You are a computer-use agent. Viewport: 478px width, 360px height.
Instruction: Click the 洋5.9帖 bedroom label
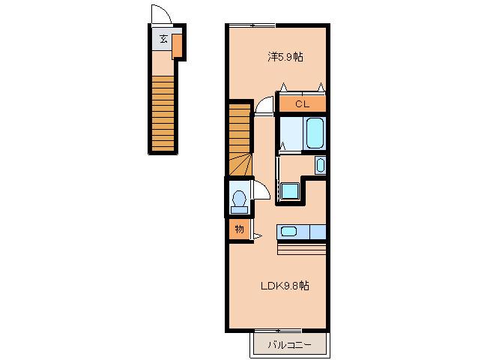pyautogui.click(x=285, y=57)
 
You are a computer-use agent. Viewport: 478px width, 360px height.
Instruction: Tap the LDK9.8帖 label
pyautogui.click(x=285, y=286)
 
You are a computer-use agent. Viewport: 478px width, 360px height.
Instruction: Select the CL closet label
pyautogui.click(x=302, y=104)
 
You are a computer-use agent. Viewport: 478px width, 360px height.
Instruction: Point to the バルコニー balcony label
pyautogui.click(x=289, y=345)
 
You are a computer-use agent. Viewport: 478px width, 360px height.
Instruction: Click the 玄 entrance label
pyautogui.click(x=163, y=39)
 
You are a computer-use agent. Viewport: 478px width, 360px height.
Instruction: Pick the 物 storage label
pyautogui.click(x=239, y=229)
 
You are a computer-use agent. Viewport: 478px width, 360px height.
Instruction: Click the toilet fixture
pyautogui.click(x=239, y=202)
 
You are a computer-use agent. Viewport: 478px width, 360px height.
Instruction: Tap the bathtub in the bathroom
pyautogui.click(x=315, y=133)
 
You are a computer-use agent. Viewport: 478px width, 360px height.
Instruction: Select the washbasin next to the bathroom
pyautogui.click(x=320, y=165)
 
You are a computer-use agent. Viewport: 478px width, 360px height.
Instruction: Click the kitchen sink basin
pyautogui.click(x=288, y=232)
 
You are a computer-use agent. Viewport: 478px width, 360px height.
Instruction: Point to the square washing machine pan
pyautogui.click(x=290, y=191)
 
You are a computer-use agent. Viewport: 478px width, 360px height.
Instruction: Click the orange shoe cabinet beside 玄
pyautogui.click(x=177, y=46)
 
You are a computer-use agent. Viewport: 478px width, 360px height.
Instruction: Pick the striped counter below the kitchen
pyautogui.click(x=302, y=247)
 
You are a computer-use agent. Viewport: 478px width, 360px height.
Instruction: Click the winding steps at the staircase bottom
pyautogui.click(x=240, y=165)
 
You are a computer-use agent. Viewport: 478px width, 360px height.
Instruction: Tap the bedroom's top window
pyautogui.click(x=252, y=25)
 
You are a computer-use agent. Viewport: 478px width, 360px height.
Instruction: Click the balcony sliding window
pyautogui.click(x=278, y=331)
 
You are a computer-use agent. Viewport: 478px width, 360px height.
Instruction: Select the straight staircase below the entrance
pyautogui.click(x=163, y=114)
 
